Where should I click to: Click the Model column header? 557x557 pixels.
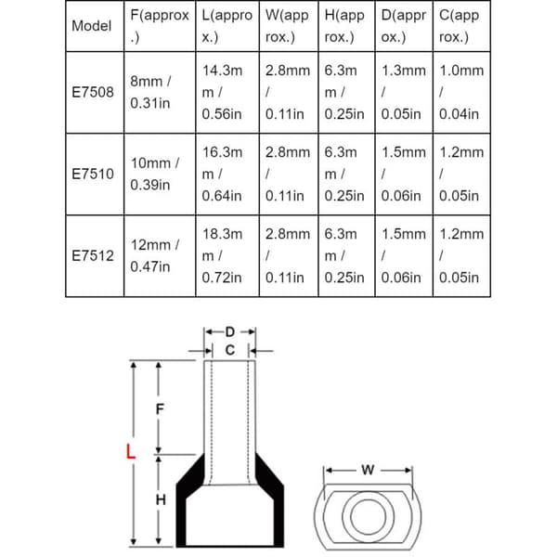click(x=92, y=26)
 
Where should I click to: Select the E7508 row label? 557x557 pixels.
click(x=93, y=92)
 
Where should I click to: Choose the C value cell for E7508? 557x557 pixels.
click(x=461, y=92)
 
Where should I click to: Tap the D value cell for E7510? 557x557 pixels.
click(x=404, y=175)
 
